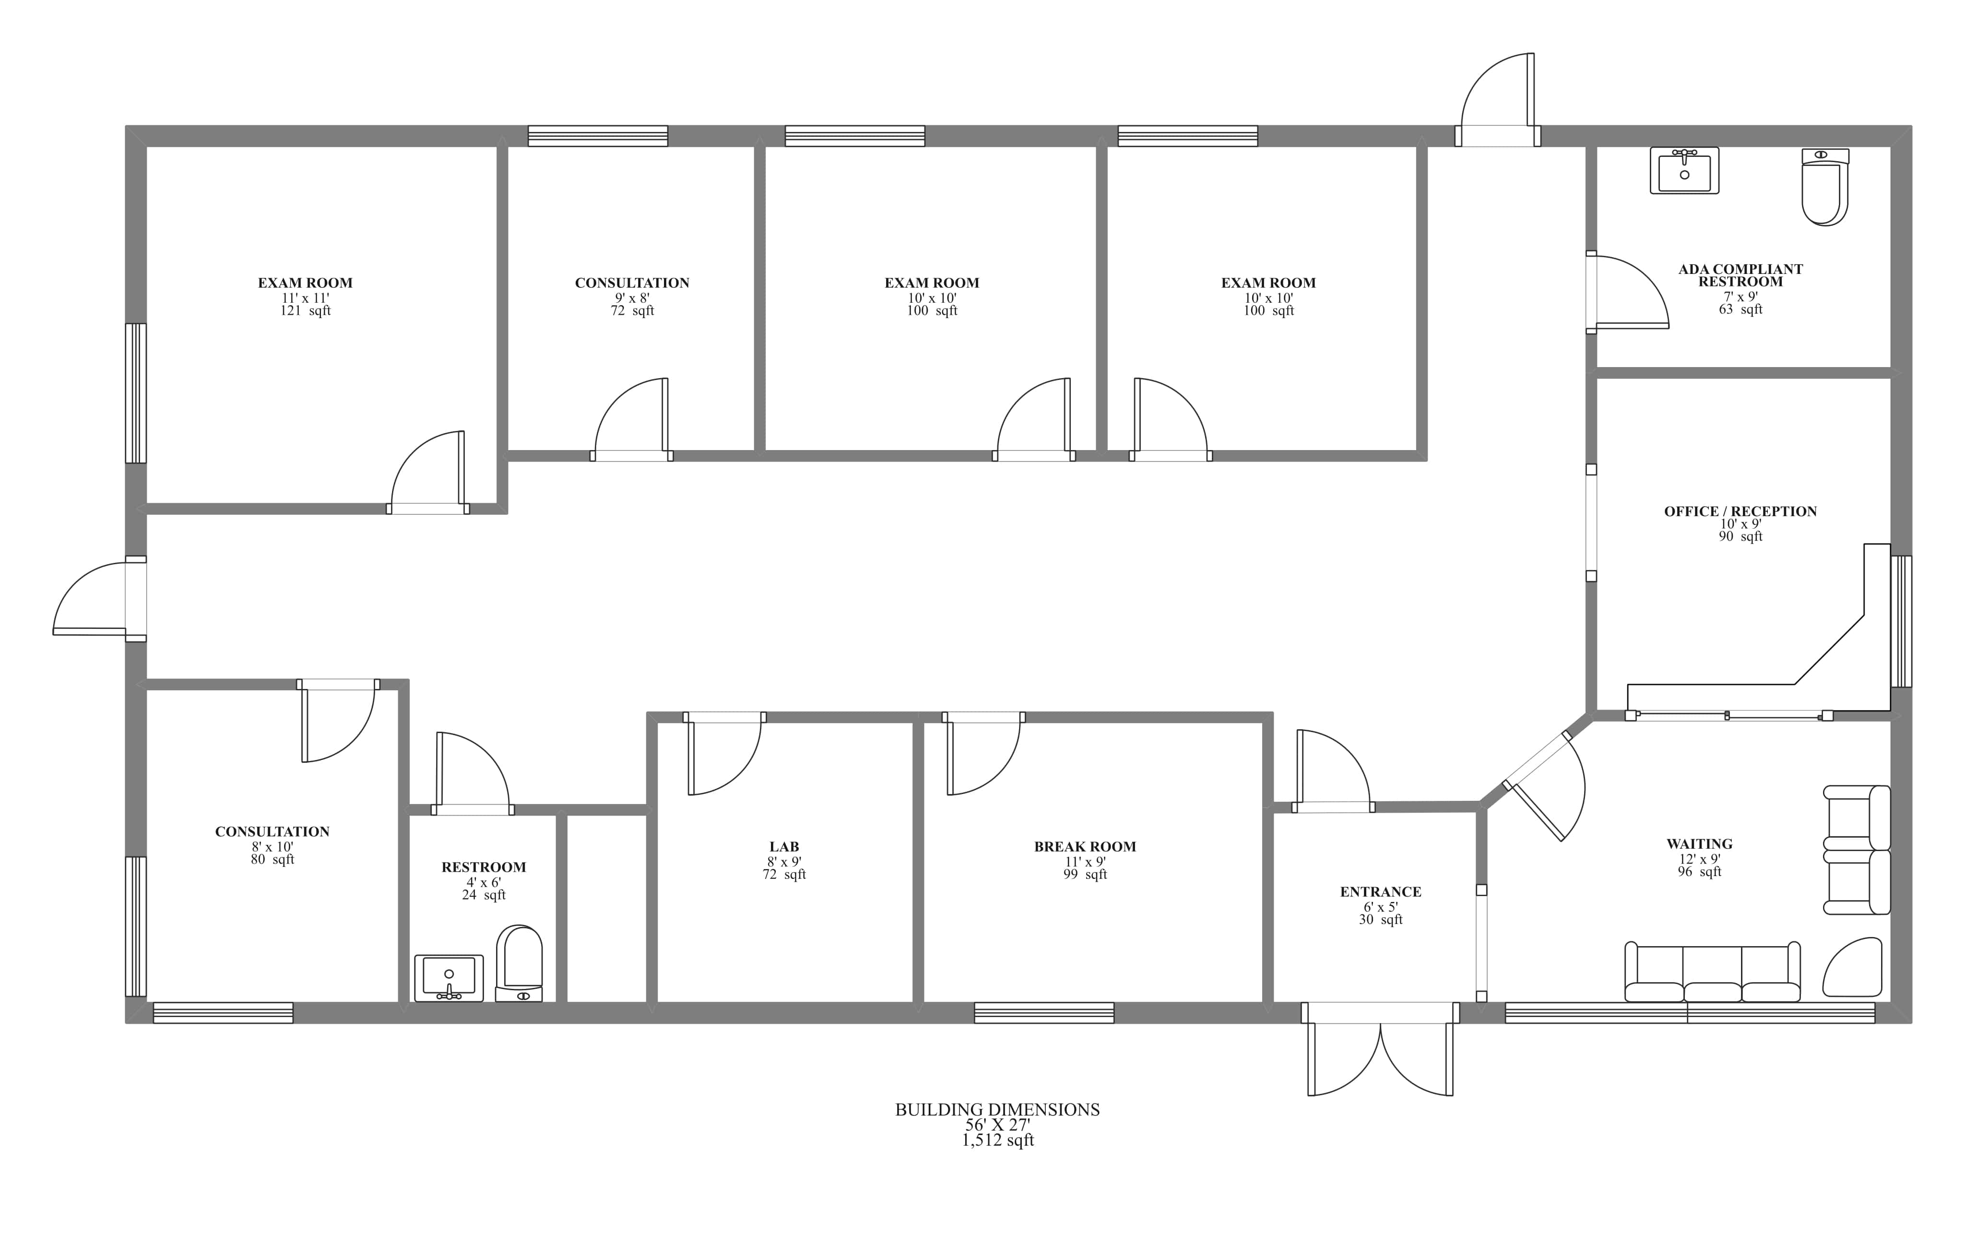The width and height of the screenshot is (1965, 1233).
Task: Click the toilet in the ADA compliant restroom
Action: pyautogui.click(x=1824, y=189)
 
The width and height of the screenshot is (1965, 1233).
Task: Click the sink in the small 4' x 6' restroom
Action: pyautogui.click(x=449, y=977)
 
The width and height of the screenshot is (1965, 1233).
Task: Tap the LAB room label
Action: pyautogui.click(x=783, y=846)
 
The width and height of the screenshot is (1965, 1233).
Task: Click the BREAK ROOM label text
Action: pyautogui.click(x=1084, y=846)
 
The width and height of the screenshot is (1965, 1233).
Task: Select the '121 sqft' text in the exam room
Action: pyautogui.click(x=305, y=311)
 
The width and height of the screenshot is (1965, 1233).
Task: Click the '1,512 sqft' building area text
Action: pyautogui.click(x=997, y=1140)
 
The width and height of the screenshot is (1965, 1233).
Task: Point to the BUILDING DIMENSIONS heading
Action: pyautogui.click(x=997, y=1109)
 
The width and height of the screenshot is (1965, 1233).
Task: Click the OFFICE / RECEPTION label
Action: pyautogui.click(x=1740, y=511)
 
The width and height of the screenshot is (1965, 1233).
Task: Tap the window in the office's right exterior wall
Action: pyautogui.click(x=1901, y=621)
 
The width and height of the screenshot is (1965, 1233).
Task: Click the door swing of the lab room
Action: pyautogui.click(x=723, y=754)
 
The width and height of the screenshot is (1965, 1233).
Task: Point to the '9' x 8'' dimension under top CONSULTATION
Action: pyautogui.click(x=632, y=297)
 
